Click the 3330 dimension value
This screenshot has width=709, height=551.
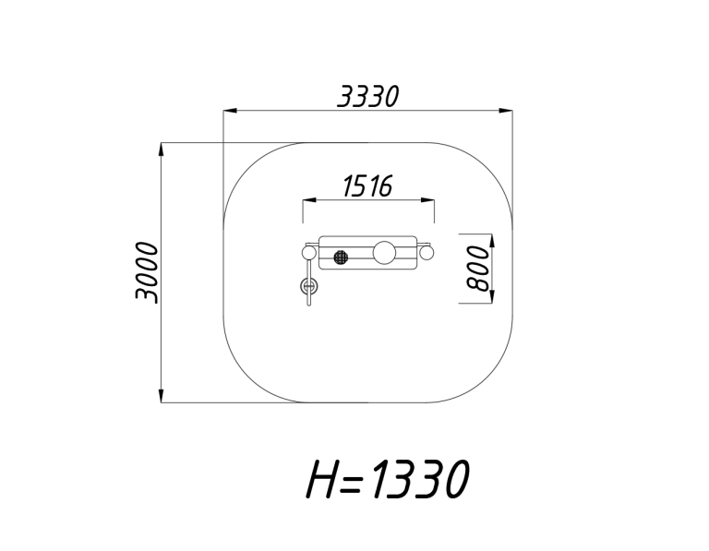click(368, 96)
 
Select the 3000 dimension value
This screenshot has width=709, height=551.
click(147, 272)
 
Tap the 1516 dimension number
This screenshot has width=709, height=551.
click(367, 186)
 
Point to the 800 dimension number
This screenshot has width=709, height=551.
click(478, 268)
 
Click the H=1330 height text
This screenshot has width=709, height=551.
click(388, 479)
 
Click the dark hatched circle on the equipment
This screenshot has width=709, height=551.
click(341, 258)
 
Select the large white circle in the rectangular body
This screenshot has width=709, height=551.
click(385, 252)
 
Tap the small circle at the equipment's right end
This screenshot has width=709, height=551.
click(427, 253)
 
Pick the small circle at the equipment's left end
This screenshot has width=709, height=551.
click(310, 253)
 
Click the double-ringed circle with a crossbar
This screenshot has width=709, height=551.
click(309, 286)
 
